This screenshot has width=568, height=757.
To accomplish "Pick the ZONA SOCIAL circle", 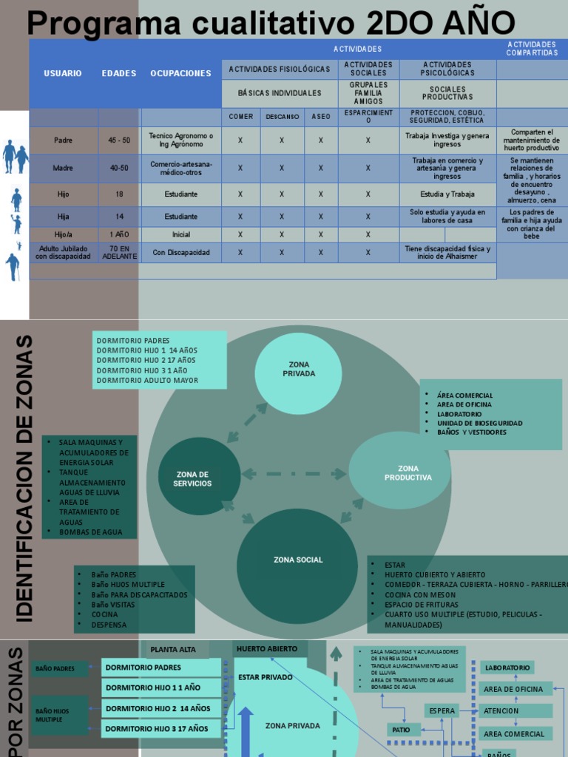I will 298,560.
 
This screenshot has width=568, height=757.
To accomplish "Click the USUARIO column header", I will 63,73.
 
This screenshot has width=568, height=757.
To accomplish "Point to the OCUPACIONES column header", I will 180,73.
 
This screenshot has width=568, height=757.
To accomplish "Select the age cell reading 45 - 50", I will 119,140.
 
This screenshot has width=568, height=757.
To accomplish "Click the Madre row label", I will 64,168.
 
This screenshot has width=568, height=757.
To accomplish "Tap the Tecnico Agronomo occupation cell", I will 180,140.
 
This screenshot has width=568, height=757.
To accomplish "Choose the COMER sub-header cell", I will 240,117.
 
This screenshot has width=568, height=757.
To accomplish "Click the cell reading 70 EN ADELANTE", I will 119,252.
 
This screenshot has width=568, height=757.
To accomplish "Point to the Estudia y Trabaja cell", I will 447,194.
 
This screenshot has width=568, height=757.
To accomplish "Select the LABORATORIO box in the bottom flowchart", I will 507,668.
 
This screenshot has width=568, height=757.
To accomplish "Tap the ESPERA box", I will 442,711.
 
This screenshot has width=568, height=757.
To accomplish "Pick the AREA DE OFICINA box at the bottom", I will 514,689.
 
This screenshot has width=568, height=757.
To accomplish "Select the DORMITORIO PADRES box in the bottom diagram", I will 160,668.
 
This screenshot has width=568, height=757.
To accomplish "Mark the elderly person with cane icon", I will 13,266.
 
